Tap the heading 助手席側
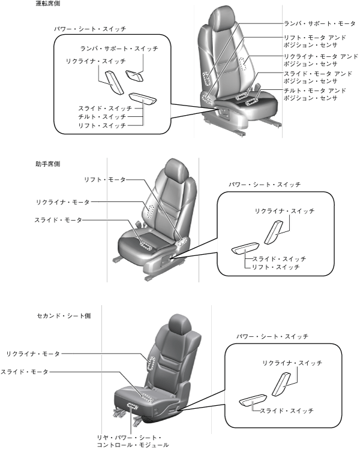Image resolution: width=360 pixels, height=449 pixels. [47, 163]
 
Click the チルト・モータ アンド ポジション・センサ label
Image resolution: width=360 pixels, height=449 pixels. [314, 94]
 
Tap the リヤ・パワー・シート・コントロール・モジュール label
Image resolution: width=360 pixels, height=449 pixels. [133, 441]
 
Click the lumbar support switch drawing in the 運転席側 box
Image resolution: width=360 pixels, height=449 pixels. [136, 76]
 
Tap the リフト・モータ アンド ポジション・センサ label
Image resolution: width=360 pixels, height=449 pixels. [314, 41]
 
